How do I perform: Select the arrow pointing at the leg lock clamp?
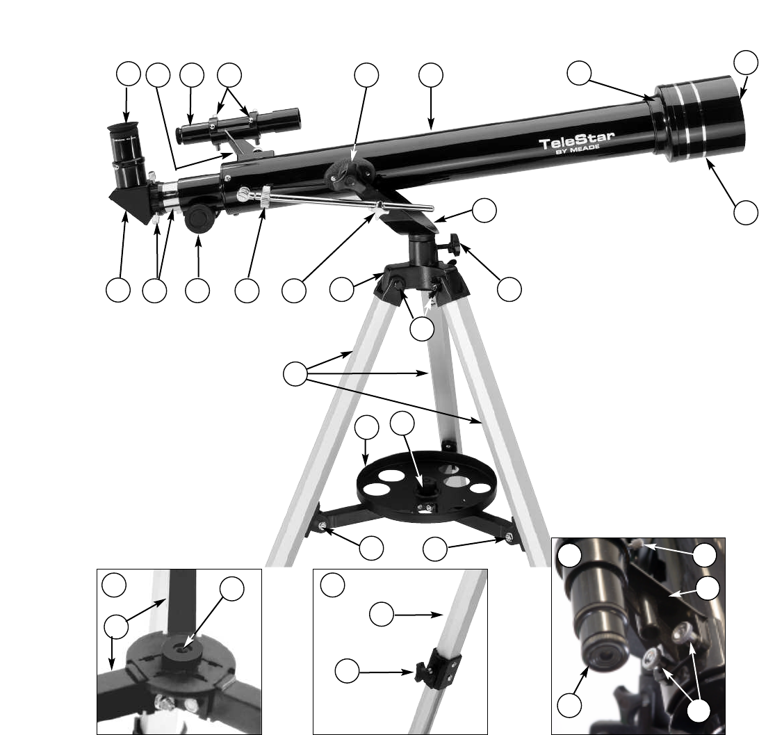tap(386, 672)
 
